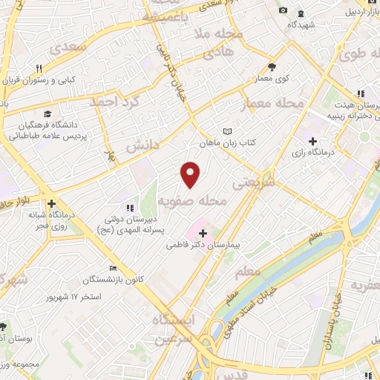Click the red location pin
(x=191, y=174)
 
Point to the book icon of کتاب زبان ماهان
(x=226, y=131)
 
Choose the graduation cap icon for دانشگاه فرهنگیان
(x=47, y=114)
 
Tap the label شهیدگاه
(x=304, y=24)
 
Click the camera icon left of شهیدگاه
(x=283, y=10)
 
